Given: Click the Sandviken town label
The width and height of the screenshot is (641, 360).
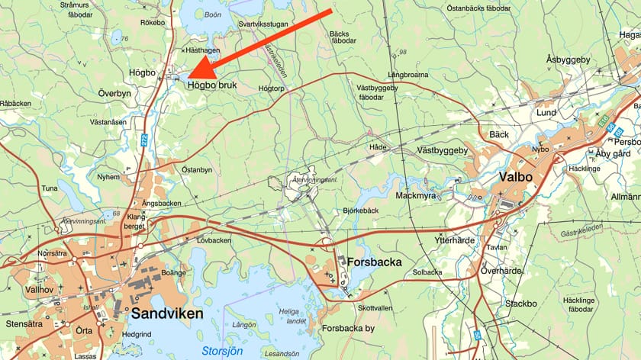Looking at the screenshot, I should tap(166, 313).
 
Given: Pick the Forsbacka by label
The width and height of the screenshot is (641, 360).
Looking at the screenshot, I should tap(349, 329).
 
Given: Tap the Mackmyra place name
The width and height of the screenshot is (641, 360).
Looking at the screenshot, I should tap(416, 195).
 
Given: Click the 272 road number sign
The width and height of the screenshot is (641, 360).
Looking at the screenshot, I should tap(143, 140).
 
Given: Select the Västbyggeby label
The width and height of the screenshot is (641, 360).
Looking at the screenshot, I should tap(442, 150).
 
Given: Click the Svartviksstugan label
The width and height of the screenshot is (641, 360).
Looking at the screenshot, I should tap(263, 24).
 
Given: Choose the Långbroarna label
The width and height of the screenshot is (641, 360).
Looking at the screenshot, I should tap(407, 75).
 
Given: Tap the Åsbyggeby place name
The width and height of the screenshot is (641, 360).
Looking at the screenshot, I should tap(569, 59).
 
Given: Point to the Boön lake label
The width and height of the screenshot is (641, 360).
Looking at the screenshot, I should tap(213, 13).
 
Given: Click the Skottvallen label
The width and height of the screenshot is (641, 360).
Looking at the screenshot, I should tap(375, 307).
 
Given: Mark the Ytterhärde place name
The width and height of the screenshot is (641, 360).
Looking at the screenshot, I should tap(454, 240).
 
